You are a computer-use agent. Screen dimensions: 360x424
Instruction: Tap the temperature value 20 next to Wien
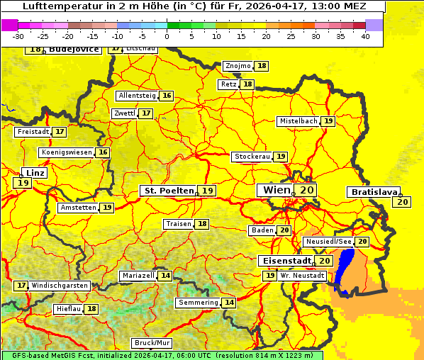(x=306, y=190)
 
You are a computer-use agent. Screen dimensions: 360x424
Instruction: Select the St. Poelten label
(x=169, y=191)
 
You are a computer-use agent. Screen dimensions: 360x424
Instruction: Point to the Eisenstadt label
(x=285, y=261)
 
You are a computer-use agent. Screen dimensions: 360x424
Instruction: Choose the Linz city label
(x=33, y=173)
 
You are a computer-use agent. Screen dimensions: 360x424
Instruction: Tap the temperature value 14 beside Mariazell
(x=165, y=276)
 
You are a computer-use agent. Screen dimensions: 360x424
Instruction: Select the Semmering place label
(x=198, y=303)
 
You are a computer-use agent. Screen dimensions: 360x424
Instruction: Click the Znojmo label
(x=238, y=66)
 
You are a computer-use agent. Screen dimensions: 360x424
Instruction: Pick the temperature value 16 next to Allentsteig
(x=167, y=96)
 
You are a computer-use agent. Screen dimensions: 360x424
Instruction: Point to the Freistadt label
(x=33, y=132)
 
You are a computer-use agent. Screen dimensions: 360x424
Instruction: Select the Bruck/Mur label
(x=147, y=343)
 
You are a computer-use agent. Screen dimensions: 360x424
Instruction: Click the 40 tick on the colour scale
(x=365, y=36)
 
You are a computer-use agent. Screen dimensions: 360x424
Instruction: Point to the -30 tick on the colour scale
(x=18, y=36)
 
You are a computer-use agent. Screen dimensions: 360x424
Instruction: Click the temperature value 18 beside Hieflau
(x=91, y=309)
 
